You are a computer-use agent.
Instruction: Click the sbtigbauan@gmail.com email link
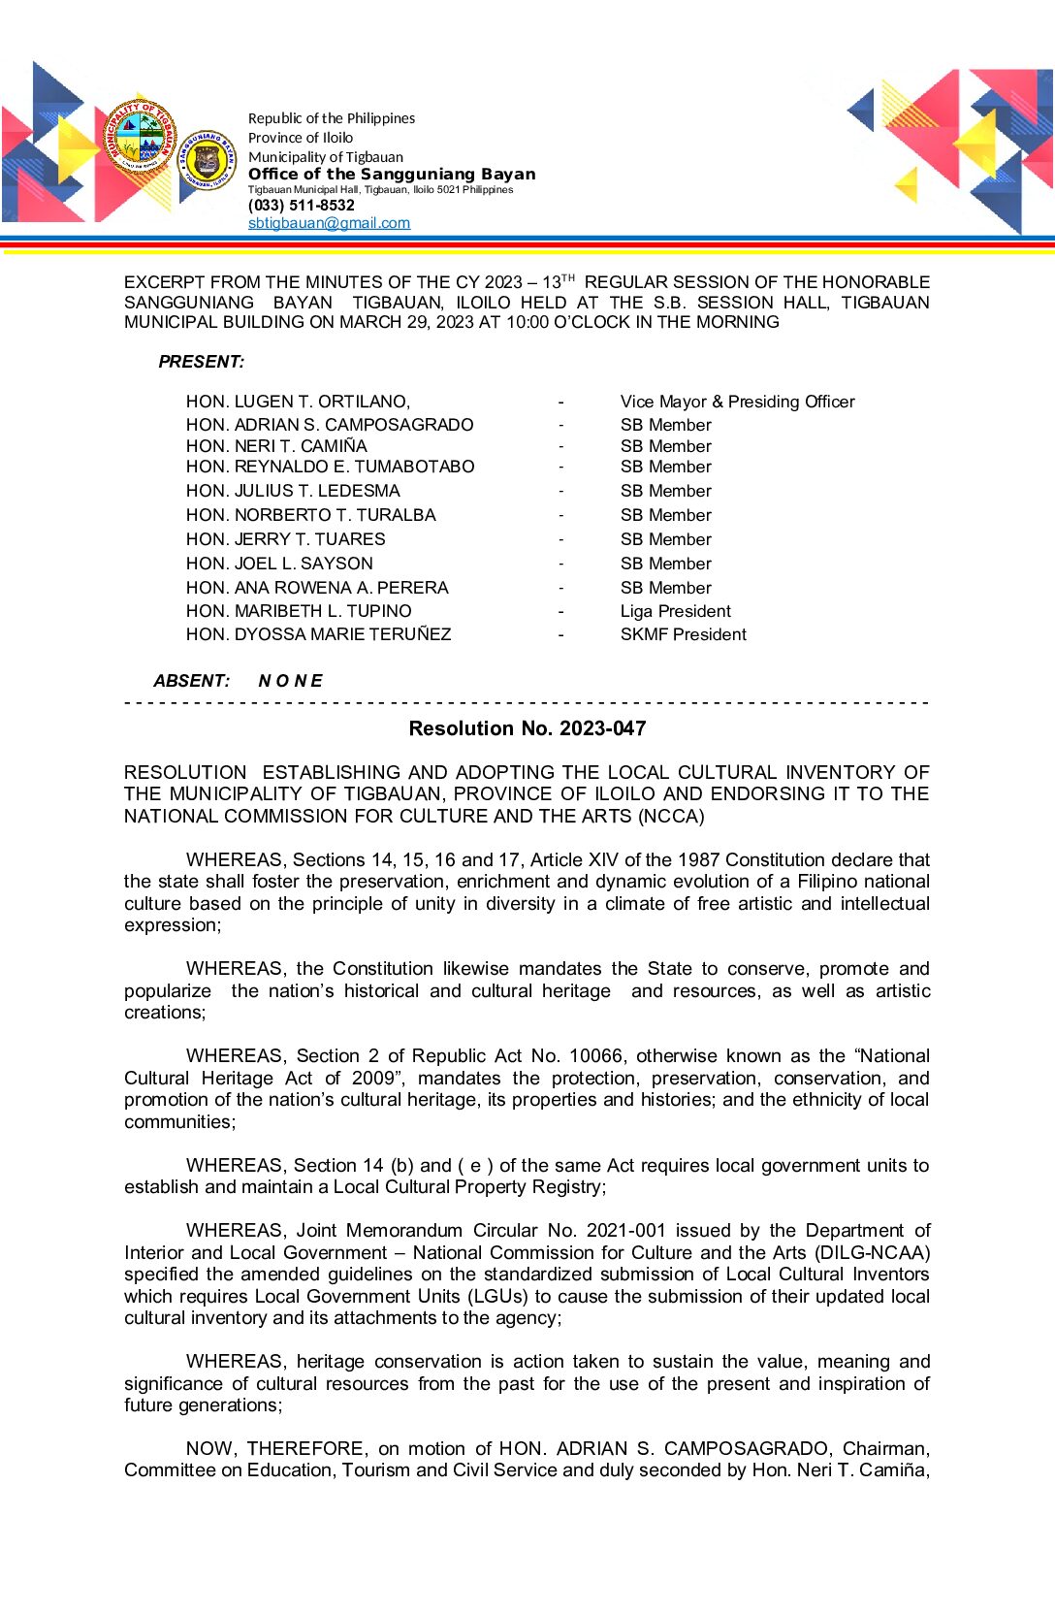[329, 223]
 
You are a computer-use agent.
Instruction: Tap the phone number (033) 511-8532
[302, 206]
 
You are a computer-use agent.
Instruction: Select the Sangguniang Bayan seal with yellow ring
[208, 161]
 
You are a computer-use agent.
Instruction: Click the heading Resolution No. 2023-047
[527, 728]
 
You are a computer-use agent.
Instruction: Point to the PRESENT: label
[201, 362]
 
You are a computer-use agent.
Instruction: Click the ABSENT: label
[191, 681]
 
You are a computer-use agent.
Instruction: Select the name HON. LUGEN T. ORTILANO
[298, 402]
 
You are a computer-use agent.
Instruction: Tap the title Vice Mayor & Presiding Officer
[737, 402]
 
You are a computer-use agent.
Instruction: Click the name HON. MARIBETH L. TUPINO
[299, 611]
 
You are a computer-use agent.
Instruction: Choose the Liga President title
[675, 611]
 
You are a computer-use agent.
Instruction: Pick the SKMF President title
[683, 634]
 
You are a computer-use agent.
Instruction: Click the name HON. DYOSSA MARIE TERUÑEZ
[318, 634]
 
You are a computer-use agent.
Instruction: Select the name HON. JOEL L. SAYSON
[279, 564]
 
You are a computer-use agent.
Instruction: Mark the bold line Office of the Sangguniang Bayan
[392, 174]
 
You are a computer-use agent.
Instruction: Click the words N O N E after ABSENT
[290, 681]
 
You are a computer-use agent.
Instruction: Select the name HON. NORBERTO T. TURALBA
[310, 515]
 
